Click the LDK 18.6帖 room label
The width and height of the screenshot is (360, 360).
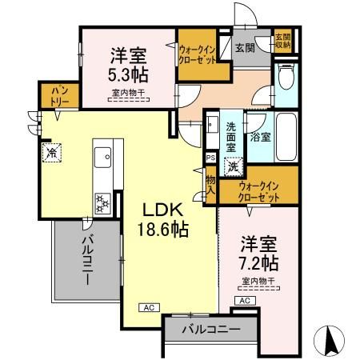[166, 218]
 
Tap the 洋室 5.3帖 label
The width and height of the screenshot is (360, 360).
[126, 66]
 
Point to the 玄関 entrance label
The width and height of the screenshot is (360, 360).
[244, 47]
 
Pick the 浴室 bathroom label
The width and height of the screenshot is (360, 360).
[258, 136]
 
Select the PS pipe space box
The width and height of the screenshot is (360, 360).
[210, 158]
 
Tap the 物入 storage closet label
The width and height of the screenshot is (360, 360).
[210, 185]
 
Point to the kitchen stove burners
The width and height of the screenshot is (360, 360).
[102, 202]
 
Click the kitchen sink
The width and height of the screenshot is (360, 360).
[103, 159]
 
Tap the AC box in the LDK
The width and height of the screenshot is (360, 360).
[150, 306]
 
